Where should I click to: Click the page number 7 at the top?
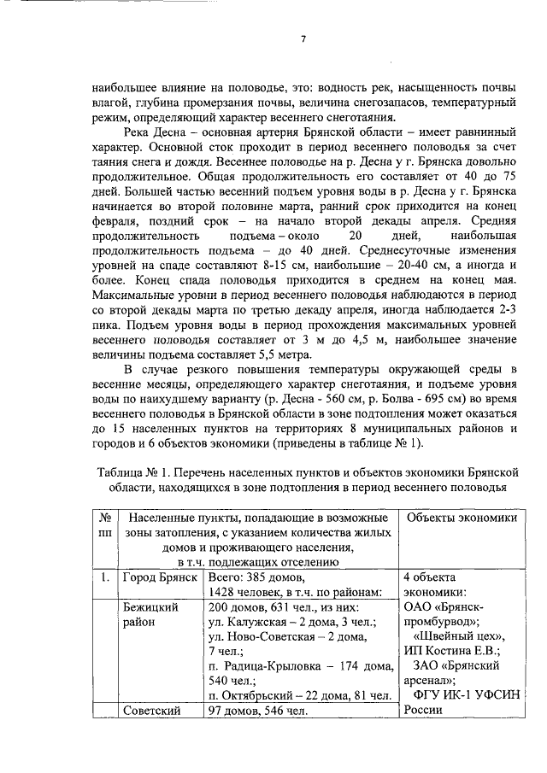tap(304, 37)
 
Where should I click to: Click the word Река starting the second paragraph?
tap(141, 132)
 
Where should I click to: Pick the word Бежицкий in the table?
tap(150, 606)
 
